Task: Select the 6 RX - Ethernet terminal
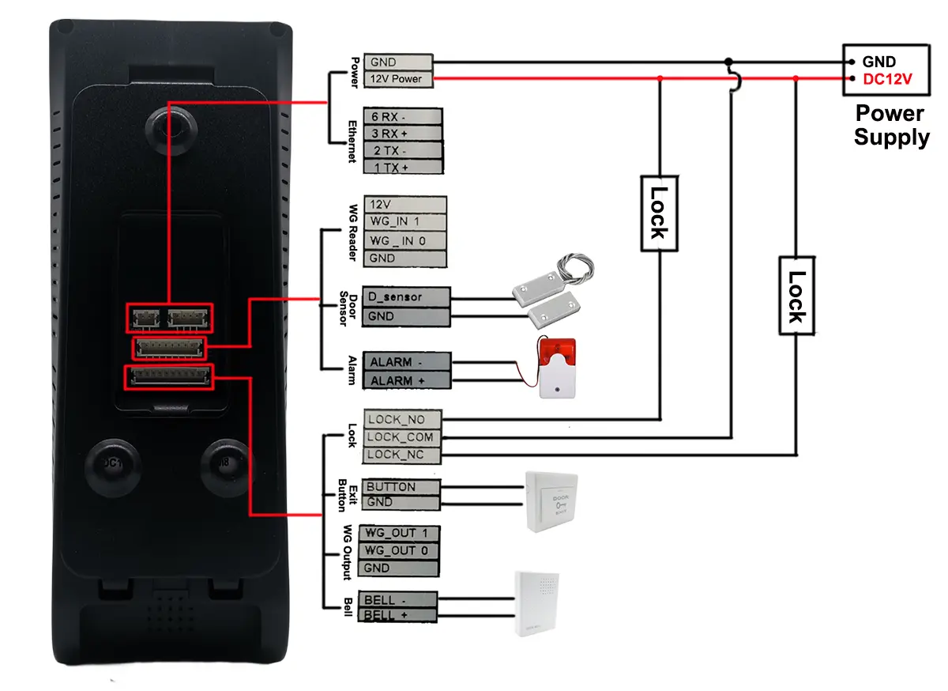click(401, 116)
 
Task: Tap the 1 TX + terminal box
click(401, 168)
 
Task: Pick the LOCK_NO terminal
click(403, 419)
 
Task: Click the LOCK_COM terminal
click(403, 437)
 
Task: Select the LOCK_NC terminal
click(403, 455)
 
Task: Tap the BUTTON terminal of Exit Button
click(400, 487)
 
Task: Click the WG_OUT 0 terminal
click(399, 551)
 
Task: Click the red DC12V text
click(887, 79)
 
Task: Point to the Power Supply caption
click(890, 125)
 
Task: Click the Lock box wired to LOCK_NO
click(659, 212)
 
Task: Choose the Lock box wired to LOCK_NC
click(796, 295)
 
